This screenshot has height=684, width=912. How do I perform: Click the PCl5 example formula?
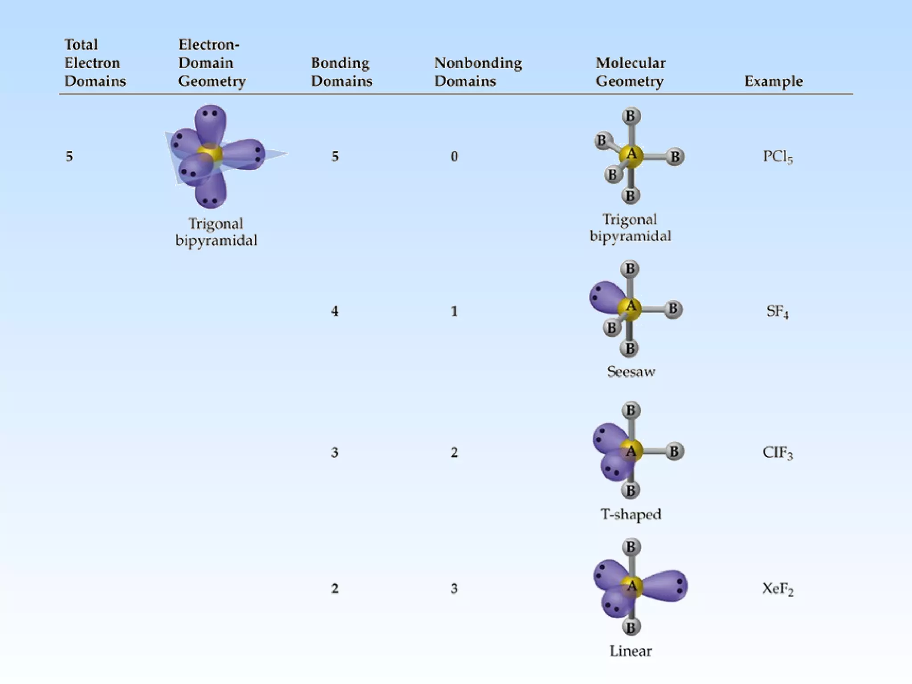pyautogui.click(x=778, y=157)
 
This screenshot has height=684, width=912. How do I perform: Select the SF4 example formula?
pyautogui.click(x=777, y=311)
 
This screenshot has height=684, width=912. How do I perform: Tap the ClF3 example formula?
pyautogui.click(x=778, y=453)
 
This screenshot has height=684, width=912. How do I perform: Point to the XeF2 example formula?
pyautogui.click(x=778, y=589)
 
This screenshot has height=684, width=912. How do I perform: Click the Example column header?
pyautogui.click(x=774, y=81)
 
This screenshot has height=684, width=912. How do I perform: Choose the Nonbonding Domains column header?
pyautogui.click(x=478, y=72)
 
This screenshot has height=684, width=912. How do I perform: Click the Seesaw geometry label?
pyautogui.click(x=631, y=372)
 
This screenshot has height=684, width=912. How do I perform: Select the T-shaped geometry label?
pyautogui.click(x=631, y=514)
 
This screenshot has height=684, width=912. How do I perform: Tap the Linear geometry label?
pyautogui.click(x=631, y=651)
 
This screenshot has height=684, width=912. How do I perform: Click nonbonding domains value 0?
pyautogui.click(x=454, y=156)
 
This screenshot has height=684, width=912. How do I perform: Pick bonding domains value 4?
pyautogui.click(x=335, y=311)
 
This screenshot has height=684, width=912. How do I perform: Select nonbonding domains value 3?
pyautogui.click(x=454, y=589)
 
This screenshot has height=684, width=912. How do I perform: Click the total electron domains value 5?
pyautogui.click(x=69, y=156)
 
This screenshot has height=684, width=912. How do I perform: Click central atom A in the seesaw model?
pyautogui.click(x=631, y=307)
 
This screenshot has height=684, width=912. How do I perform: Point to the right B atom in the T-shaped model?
pyautogui.click(x=674, y=452)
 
